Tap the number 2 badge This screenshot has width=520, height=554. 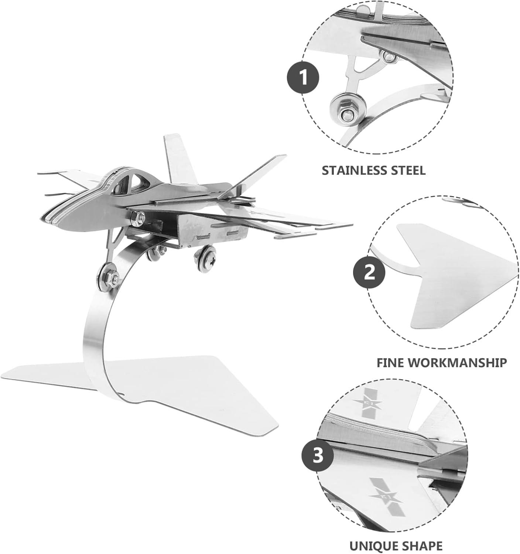click(369, 273)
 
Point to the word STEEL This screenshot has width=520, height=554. click(408, 171)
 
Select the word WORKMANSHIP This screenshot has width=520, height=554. click(458, 363)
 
